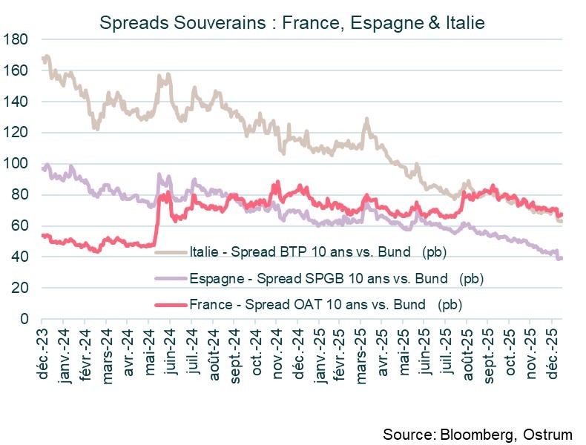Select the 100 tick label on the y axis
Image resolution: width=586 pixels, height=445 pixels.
point(16,164)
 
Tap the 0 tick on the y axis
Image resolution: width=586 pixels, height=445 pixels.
point(24,319)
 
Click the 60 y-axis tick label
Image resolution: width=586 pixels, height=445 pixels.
point(20,226)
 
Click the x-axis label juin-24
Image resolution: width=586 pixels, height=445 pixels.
point(173,349)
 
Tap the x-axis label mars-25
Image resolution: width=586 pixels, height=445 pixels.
point(364,349)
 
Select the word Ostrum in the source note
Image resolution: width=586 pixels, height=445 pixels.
point(549,433)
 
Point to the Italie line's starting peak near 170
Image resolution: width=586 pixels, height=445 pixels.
point(46,56)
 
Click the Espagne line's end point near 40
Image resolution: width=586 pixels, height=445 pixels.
point(561,258)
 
